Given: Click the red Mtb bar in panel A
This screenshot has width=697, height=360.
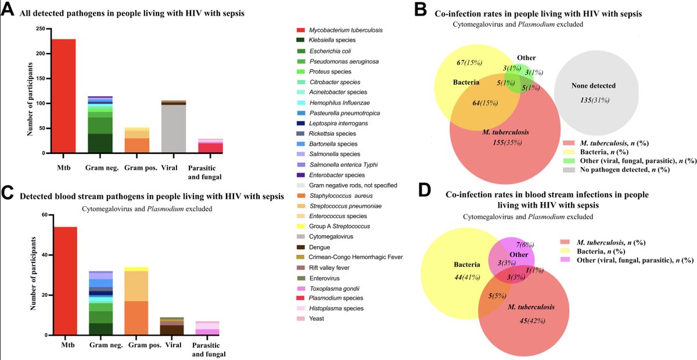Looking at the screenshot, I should [x=63, y=96].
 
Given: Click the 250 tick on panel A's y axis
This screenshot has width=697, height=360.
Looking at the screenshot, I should [x=41, y=28].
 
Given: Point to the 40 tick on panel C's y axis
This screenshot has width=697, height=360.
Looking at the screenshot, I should [x=44, y=255].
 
